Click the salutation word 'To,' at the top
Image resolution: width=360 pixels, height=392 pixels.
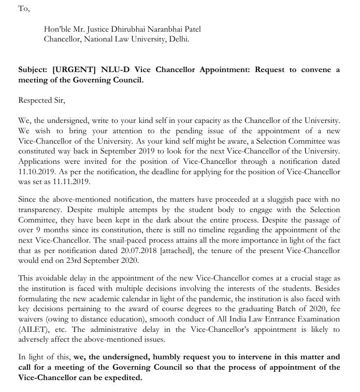point(24,9)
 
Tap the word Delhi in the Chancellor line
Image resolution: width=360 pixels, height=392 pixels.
point(178,39)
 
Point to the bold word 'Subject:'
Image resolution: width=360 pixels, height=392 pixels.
point(34,70)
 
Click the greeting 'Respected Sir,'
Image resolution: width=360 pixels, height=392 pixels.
point(41,100)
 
